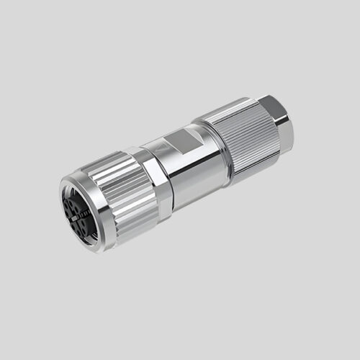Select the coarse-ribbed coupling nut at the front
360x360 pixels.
coord(119,189)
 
